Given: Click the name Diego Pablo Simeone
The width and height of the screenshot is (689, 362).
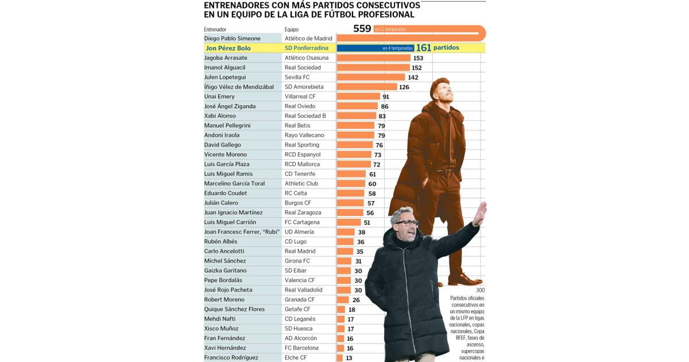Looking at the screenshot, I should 232,38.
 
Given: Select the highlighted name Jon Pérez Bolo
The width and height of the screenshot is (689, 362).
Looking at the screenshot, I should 228,48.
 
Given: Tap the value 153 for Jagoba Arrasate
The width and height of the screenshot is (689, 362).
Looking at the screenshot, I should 418,58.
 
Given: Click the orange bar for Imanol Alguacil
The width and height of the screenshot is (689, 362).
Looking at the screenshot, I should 373,67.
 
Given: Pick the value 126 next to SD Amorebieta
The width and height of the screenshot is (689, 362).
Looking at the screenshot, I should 404,87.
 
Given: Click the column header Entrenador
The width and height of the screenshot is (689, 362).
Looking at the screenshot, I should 215,29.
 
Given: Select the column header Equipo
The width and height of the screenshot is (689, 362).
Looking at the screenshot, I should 292,29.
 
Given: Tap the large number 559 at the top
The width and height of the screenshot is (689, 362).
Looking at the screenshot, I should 362,29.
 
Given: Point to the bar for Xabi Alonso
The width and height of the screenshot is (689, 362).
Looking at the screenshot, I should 356,116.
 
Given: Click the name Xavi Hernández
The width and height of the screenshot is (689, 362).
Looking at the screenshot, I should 225,348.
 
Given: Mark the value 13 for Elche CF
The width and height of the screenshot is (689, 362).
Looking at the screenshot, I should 349,358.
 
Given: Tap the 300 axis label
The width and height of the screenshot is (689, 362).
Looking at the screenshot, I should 480,290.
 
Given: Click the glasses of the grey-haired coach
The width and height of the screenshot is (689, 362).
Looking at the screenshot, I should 407,223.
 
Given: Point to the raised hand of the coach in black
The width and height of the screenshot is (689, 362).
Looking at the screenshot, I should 479,213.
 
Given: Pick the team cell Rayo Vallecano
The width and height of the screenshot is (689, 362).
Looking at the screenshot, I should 304,135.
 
